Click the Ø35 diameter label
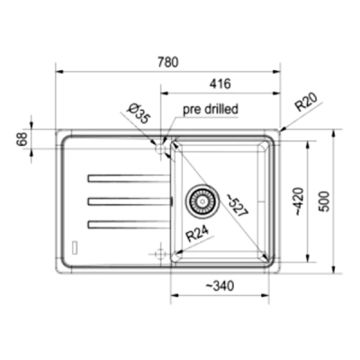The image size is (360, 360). (137, 114)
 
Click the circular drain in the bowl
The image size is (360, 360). (202, 201)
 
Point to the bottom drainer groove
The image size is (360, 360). (127, 221)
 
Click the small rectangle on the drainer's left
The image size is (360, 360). (76, 247)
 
